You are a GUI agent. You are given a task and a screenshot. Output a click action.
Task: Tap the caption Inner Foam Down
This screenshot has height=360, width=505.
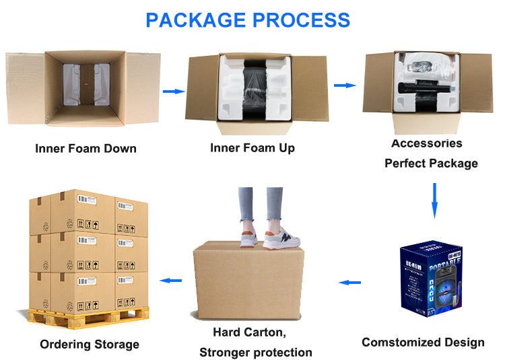pos(86,148)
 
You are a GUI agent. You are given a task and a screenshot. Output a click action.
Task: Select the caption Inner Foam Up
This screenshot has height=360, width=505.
pos(252,147)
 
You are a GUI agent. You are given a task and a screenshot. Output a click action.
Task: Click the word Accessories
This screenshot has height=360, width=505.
pos(427,143)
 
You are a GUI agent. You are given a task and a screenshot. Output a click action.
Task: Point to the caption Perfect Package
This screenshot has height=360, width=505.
pos(431,164)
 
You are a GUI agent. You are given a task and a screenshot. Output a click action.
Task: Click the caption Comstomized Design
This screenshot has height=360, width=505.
pos(423,343)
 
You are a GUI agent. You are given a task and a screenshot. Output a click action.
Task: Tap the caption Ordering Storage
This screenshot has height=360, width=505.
pos(90,345)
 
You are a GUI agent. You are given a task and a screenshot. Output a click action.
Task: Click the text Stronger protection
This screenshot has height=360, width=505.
pos(256,352)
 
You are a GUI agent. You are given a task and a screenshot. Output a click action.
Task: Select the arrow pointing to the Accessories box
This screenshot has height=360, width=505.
pos(345,85)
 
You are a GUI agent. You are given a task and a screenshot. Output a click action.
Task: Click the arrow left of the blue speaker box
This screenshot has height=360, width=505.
pos(350,283)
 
